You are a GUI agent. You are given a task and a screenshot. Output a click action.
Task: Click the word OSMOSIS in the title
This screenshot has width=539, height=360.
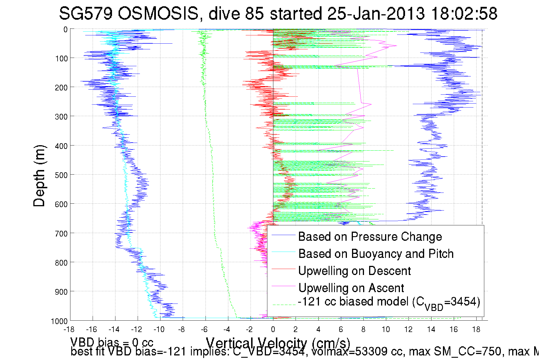tap(158, 13)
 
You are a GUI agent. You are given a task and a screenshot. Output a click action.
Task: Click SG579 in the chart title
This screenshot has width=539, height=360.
tap(86, 13)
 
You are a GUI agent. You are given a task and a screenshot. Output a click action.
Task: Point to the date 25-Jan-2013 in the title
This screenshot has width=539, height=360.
tap(376, 13)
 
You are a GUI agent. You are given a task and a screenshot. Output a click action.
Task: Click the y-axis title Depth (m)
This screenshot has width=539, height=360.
tap(39, 176)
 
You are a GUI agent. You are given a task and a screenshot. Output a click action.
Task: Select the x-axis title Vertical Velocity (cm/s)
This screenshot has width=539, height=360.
tap(278, 343)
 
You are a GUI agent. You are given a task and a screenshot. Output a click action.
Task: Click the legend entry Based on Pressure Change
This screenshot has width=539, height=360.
tap(370, 236)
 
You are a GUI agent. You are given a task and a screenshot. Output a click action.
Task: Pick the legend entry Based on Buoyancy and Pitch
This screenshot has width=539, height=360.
tap(376, 254)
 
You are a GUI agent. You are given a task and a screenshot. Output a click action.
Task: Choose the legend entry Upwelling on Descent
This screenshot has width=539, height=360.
tap(354, 271)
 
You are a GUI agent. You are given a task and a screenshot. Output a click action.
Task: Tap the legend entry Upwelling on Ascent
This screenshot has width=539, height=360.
tap(351, 288)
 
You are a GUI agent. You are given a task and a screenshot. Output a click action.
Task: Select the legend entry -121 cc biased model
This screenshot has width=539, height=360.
tap(389, 302)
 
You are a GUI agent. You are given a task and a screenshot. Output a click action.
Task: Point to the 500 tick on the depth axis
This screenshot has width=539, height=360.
tap(61, 175)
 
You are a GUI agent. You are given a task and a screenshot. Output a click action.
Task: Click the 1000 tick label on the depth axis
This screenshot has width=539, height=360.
tap(59, 321)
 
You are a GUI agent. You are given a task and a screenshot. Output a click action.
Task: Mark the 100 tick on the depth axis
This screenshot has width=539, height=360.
tap(61, 58)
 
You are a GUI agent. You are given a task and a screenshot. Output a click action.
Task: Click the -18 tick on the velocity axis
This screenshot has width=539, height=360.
tap(69, 329)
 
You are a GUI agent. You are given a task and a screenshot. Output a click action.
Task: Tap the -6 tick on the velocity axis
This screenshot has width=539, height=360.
tap(204, 329)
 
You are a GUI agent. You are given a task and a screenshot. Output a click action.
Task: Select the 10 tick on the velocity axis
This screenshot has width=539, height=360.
tap(386, 329)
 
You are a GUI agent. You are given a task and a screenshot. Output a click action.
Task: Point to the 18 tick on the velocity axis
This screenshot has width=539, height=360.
tap(476, 329)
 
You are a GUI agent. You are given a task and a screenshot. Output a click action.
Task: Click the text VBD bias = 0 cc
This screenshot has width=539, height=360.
tap(112, 342)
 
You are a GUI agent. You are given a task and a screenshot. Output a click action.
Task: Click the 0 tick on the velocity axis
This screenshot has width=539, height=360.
tap(273, 329)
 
